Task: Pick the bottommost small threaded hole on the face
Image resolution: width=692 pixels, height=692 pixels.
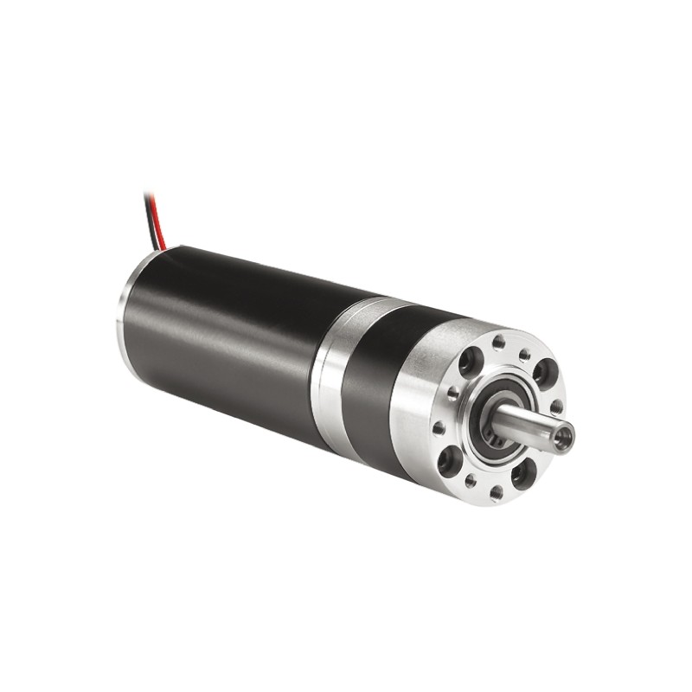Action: (x=496, y=495)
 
